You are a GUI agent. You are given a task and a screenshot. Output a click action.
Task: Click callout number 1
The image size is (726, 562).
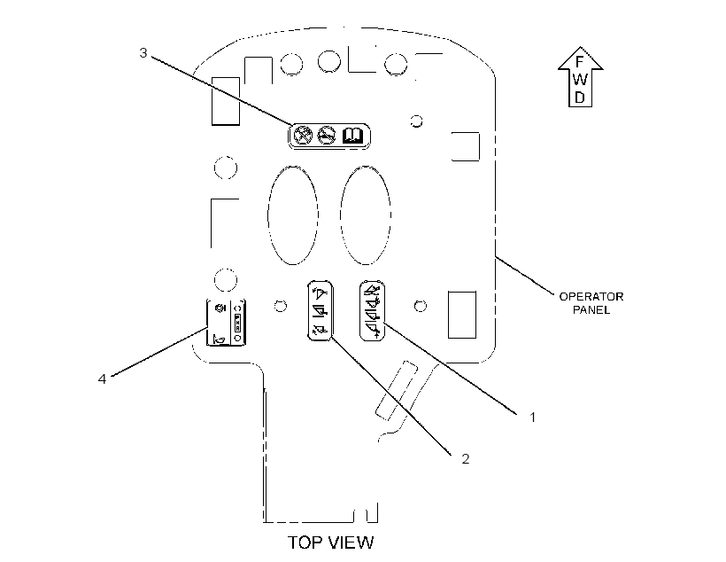[x=532, y=418]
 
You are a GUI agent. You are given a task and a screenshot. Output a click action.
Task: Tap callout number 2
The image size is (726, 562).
[x=466, y=458]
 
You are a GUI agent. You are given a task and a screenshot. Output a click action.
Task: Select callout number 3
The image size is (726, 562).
[x=143, y=53]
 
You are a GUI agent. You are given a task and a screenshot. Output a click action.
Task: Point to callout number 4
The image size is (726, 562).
[x=102, y=379]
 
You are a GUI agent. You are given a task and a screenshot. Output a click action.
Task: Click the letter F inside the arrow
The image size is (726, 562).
[x=579, y=62]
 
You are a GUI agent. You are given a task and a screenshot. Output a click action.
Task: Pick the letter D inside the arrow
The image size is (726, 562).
[x=580, y=98]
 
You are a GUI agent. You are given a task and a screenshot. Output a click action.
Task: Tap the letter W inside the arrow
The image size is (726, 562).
[x=580, y=79]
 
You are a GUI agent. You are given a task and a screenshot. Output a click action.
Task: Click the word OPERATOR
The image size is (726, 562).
[x=591, y=297]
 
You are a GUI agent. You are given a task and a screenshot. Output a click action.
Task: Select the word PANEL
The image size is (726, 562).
[x=591, y=310]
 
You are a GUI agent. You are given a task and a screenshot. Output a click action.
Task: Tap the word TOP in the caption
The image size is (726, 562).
[x=305, y=542]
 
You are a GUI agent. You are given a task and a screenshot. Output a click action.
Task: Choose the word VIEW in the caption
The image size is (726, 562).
[x=351, y=542]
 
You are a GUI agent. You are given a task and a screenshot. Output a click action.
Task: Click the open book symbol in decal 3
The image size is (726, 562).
[x=352, y=136]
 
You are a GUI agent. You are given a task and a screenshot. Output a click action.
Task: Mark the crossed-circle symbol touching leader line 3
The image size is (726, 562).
[x=303, y=136]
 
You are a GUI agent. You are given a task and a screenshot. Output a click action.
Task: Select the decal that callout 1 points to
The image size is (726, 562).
[x=372, y=310]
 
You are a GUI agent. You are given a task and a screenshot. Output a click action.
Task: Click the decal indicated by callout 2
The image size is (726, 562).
[x=321, y=310]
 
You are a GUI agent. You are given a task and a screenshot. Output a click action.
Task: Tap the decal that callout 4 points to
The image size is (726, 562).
[x=226, y=323]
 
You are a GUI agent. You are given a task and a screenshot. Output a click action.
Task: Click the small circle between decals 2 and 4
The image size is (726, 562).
[x=280, y=306]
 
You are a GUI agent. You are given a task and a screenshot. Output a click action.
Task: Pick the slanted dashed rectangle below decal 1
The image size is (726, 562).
[x=397, y=390]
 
